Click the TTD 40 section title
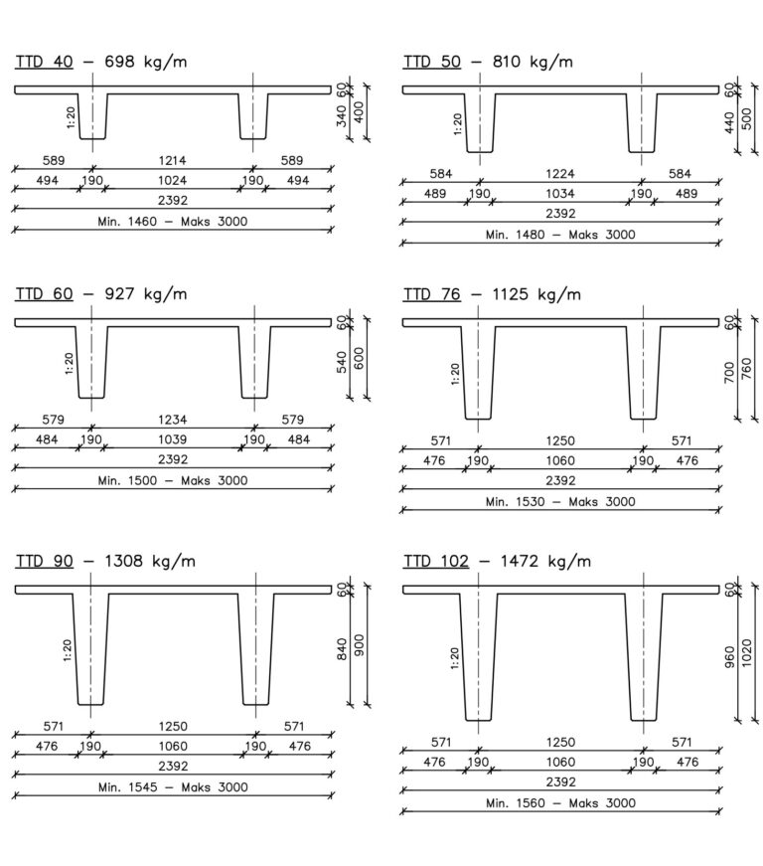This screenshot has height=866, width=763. coord(44,62)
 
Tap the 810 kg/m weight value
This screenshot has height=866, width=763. coord(533,62)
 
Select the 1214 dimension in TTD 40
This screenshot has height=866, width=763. coord(172,161)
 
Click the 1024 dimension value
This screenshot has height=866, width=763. coord(172,181)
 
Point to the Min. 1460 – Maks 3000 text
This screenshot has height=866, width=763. coord(173,222)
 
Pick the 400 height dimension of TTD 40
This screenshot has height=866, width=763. coord(359,112)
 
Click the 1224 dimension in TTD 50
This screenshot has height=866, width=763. coord(560,174)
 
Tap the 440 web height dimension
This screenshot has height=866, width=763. coord(729,122)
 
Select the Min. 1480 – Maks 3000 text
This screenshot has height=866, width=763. coord(560,235)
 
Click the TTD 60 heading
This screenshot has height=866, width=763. coord(44,294)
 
